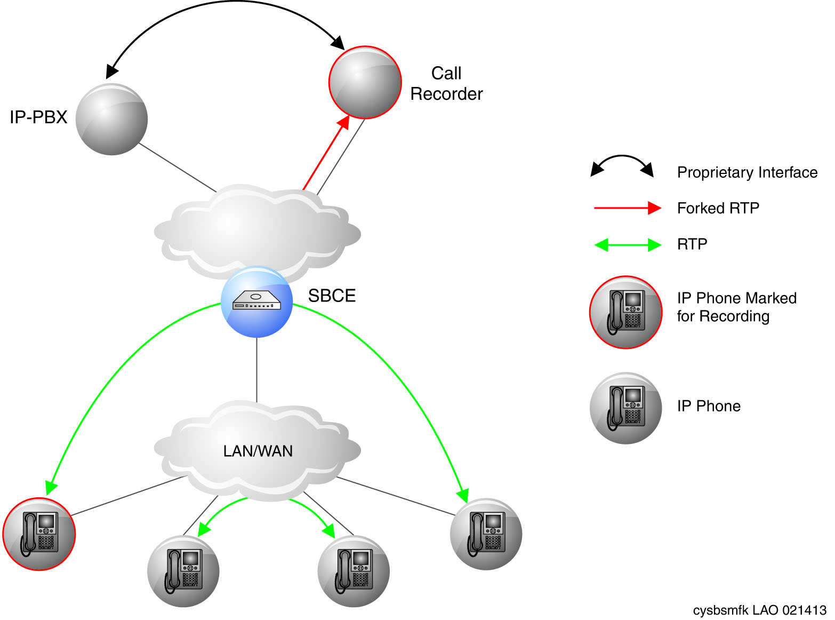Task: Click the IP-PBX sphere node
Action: pos(111,119)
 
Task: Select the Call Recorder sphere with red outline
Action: pos(365,83)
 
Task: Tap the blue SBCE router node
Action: pos(257,301)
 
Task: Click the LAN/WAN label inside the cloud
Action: pos(258,451)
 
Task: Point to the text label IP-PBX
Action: pos(38,117)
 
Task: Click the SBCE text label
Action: pos(332,296)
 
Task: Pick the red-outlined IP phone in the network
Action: pos(39,534)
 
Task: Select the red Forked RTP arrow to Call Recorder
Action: pos(326,152)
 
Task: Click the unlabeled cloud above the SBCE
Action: pos(258,230)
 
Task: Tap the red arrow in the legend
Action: pos(628,208)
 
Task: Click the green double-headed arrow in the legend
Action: pos(628,245)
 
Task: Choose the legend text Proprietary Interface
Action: pos(747,172)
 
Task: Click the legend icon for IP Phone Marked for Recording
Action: pos(625,312)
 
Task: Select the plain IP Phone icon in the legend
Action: pos(625,408)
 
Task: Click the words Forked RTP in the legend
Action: pos(718,208)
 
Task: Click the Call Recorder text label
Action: pos(446,83)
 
